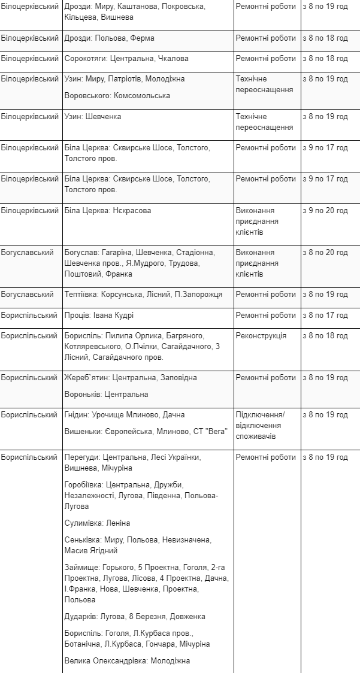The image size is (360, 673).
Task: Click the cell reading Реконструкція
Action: click(261, 336)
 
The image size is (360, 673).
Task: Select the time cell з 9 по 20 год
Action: click(325, 211)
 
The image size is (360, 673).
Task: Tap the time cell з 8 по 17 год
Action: click(325, 316)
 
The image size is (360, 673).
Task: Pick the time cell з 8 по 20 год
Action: click(325, 253)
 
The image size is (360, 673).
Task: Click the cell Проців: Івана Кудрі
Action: click(99, 316)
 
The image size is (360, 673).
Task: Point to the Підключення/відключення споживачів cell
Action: click(261, 426)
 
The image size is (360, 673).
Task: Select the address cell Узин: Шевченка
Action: click(93, 117)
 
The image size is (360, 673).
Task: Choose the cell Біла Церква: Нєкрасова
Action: click(108, 211)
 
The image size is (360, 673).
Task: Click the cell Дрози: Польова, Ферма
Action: click(109, 38)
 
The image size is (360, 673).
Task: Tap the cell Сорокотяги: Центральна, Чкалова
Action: click(126, 59)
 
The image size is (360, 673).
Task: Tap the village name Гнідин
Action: click(77, 415)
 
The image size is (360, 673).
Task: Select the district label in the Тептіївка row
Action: click(28, 295)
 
